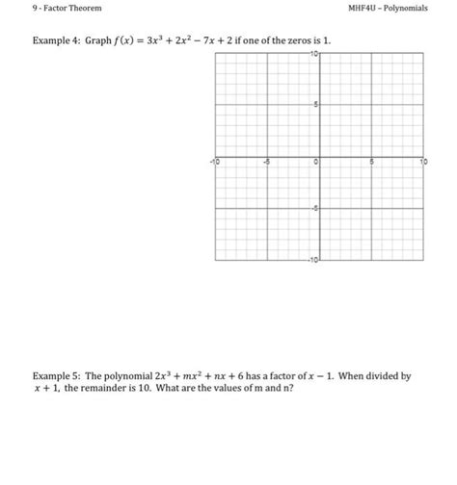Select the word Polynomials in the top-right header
pos(417,8)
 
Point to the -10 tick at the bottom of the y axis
pos(312,260)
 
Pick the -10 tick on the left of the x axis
pos(218,165)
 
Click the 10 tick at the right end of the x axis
pos(420,165)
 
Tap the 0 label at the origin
pos(315,165)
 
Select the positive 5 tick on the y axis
pos(315,108)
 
